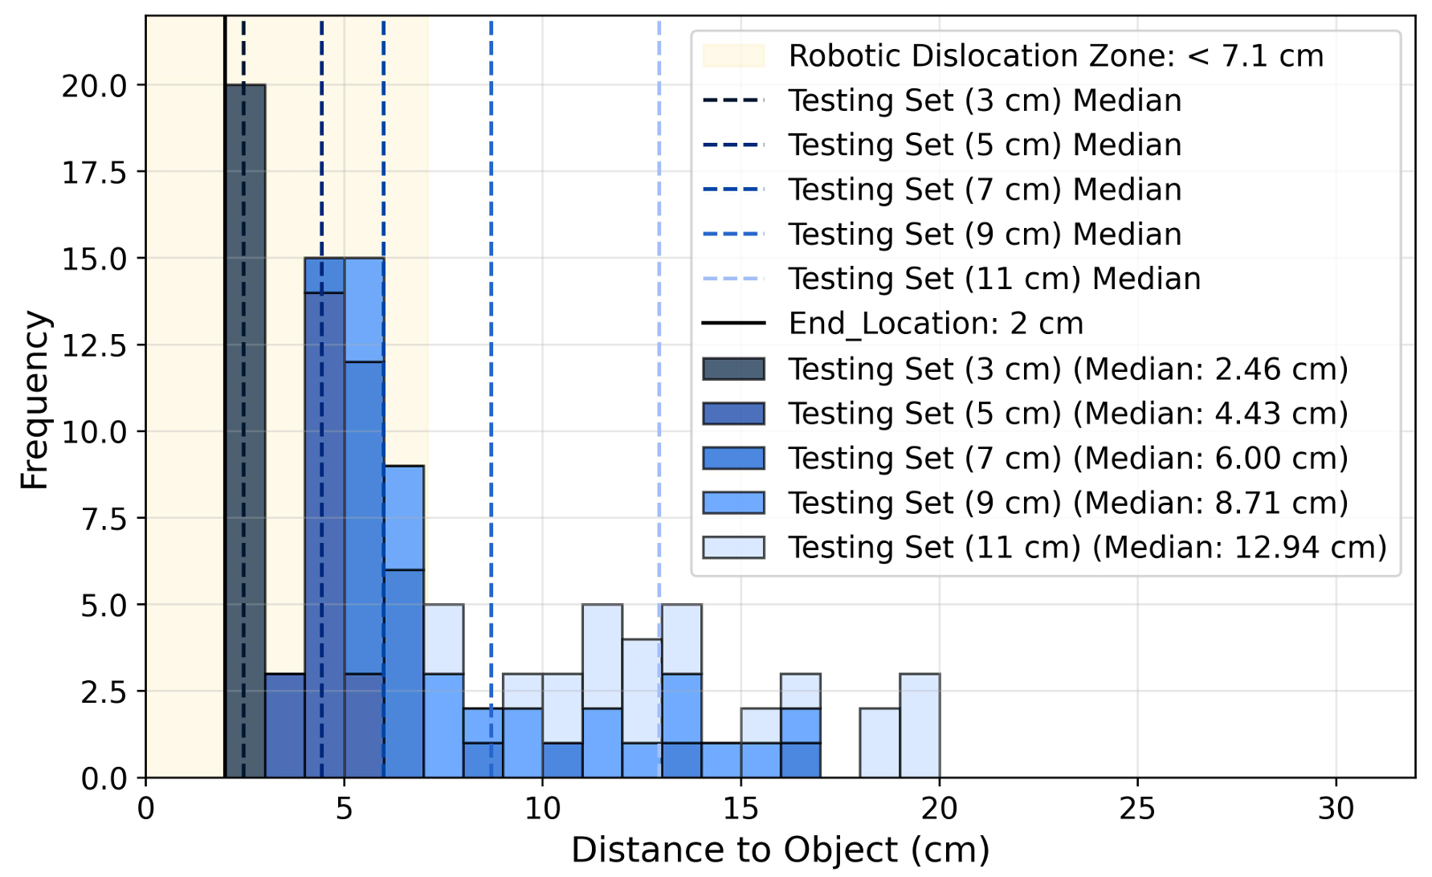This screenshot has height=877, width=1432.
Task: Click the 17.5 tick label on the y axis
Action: click(94, 173)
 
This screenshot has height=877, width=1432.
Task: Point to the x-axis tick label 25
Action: click(1137, 809)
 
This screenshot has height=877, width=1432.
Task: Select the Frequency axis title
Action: click(35, 399)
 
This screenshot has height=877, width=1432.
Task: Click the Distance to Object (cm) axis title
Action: click(780, 850)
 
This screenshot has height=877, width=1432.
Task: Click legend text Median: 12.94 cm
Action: click(1245, 547)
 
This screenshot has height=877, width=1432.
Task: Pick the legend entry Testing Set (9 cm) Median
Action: click(985, 235)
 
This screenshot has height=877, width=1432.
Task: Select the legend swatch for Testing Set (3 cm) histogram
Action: click(733, 369)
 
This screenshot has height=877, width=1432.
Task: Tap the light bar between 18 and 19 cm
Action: click(879, 743)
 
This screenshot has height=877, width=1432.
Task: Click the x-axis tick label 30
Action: click(1336, 809)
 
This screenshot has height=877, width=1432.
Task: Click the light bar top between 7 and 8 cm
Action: click(443, 638)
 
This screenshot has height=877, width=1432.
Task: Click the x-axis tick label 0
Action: click(145, 809)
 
